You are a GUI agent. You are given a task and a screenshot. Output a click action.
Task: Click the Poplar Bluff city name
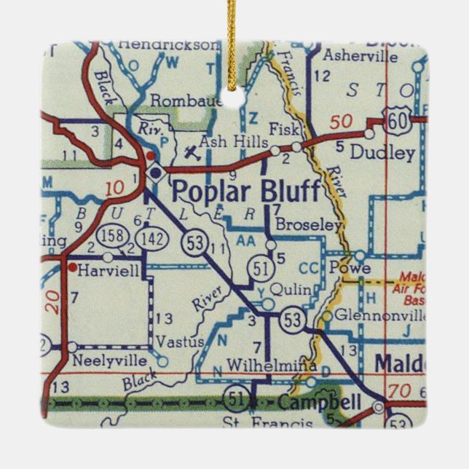click(245, 192)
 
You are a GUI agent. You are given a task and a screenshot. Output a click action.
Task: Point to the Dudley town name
click(382, 153)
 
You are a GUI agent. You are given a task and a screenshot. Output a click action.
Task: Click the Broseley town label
click(309, 225)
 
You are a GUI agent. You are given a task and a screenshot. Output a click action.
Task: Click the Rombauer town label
click(185, 100)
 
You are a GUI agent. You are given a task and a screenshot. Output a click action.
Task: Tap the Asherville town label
click(352, 55)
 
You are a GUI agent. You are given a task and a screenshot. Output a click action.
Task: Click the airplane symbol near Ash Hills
click(191, 153)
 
